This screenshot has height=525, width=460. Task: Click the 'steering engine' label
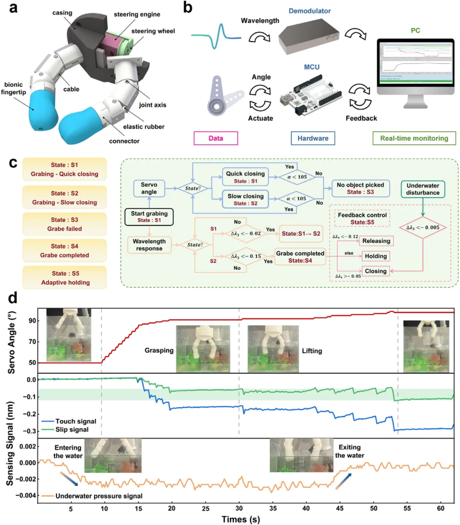click(137, 14)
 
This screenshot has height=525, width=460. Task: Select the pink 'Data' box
click(216, 138)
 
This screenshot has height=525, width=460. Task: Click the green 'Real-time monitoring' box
click(414, 138)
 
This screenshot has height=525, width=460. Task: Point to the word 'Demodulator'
click(310, 11)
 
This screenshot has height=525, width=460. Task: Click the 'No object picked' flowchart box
click(360, 188)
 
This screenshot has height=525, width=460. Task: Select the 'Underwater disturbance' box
click(423, 189)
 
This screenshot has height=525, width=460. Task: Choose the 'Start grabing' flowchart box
click(149, 216)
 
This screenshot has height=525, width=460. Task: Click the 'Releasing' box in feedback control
click(376, 241)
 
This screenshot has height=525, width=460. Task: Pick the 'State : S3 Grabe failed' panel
click(64, 224)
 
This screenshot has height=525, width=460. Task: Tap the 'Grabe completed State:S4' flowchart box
click(300, 257)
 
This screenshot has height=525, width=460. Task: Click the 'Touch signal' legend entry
click(69, 421)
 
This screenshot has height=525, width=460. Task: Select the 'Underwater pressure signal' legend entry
click(98, 496)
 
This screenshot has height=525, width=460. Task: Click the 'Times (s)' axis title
click(241, 519)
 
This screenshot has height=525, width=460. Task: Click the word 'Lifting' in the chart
click(312, 351)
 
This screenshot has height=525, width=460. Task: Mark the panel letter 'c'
click(13, 163)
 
